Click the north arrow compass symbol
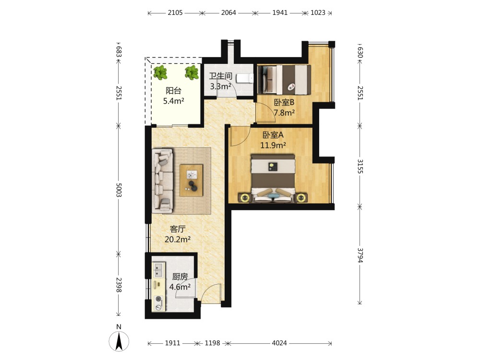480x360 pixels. [x=119, y=341]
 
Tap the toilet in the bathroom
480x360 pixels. [x=245, y=79]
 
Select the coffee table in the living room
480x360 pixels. [x=192, y=180]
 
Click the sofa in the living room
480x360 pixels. [x=163, y=181]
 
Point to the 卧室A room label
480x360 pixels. [x=273, y=135]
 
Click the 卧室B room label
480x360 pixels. [x=284, y=102]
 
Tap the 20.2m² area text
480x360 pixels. [x=178, y=239]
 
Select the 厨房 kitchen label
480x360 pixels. [x=180, y=277]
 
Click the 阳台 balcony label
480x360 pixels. [x=174, y=91]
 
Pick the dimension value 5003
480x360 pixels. [x=119, y=190]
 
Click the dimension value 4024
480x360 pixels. [x=279, y=343]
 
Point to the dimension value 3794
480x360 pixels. [x=360, y=255]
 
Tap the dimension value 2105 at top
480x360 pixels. [x=175, y=12]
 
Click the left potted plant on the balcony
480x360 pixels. [x=160, y=72]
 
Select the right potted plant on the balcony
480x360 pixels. [x=192, y=72]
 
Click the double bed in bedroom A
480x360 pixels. [x=273, y=179]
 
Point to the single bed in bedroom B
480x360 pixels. [x=284, y=80]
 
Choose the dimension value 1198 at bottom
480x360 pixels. [x=213, y=343]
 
